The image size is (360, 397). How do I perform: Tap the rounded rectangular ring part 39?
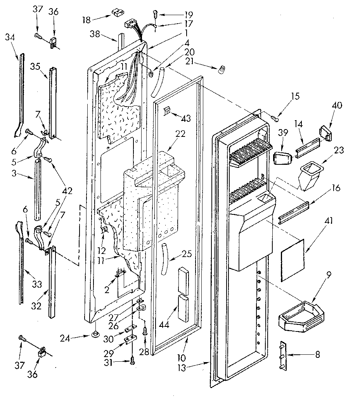pos(282,159)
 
